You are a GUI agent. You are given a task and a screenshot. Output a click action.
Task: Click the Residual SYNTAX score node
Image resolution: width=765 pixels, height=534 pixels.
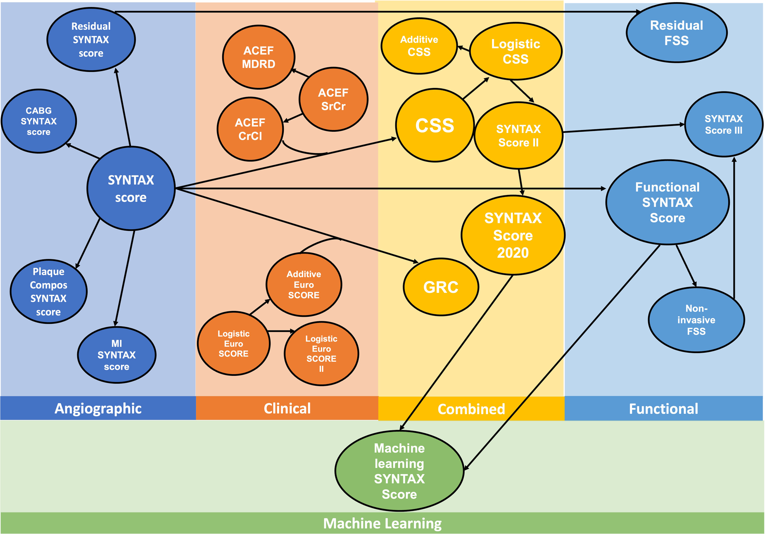click(x=91, y=40)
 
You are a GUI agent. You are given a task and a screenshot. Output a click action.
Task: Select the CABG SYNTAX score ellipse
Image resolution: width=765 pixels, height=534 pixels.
click(x=39, y=121)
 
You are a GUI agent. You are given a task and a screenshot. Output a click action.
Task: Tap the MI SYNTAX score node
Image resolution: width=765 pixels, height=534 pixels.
click(x=116, y=355)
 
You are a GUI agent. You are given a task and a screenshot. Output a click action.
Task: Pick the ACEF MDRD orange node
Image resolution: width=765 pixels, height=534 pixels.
click(x=259, y=57)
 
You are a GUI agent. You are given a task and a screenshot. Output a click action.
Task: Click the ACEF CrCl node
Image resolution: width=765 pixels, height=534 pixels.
click(x=250, y=129)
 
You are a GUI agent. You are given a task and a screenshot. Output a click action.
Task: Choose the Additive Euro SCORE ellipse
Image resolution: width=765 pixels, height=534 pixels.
click(x=304, y=285)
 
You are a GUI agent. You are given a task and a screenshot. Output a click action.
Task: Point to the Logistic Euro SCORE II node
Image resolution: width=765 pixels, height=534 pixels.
click(x=321, y=354)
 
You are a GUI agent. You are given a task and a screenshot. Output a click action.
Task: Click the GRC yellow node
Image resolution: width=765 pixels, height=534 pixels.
click(x=441, y=287)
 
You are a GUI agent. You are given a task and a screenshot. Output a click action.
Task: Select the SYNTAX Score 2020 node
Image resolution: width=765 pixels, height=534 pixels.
click(x=513, y=235)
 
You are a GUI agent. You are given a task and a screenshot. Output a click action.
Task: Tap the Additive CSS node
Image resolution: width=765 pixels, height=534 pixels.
click(x=419, y=46)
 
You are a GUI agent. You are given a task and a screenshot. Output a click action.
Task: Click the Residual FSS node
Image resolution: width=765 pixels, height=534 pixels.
click(x=676, y=33)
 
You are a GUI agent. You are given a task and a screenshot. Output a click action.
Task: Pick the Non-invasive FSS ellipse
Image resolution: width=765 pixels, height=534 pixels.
click(x=696, y=320)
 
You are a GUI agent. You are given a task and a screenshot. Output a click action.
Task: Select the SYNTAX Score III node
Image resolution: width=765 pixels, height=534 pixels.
click(x=723, y=124)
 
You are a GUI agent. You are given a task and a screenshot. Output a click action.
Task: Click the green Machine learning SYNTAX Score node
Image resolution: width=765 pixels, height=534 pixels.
click(x=399, y=471)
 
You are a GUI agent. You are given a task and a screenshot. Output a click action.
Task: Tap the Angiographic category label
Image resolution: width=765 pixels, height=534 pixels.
click(x=98, y=408)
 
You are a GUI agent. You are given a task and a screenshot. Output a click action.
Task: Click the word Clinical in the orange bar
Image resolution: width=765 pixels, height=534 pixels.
click(x=287, y=408)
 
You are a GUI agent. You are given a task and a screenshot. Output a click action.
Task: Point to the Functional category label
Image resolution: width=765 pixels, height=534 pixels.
click(x=663, y=409)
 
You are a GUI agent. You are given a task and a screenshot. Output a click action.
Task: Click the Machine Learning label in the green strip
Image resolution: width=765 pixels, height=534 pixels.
click(x=382, y=523)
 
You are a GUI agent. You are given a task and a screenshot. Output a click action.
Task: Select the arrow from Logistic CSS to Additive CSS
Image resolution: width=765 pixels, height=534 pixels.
click(x=464, y=49)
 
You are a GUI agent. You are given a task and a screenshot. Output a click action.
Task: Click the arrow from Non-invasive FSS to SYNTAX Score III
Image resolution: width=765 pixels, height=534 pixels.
click(x=734, y=227)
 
